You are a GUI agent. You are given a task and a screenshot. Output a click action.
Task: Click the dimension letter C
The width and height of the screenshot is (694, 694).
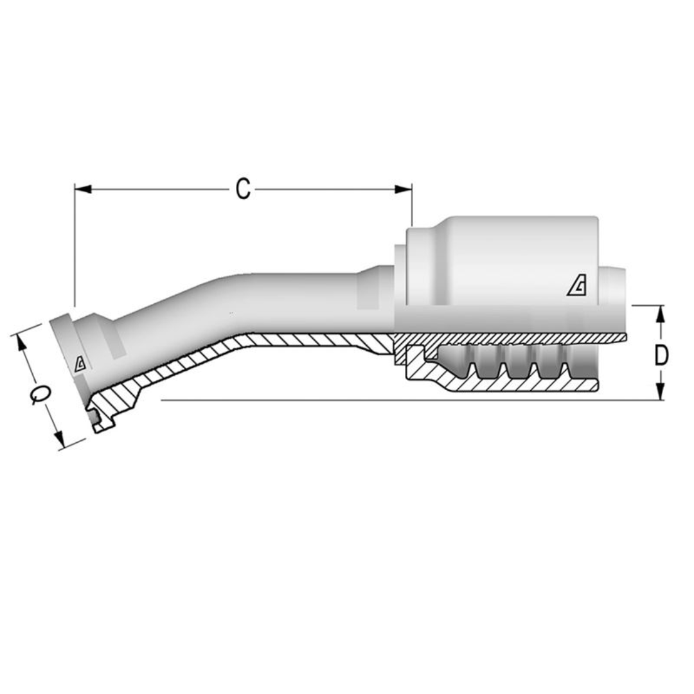click(242, 189)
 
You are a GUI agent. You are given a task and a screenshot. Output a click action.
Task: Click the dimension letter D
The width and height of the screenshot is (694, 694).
click(661, 355)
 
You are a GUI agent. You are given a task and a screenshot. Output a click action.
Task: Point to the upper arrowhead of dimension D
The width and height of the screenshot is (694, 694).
click(661, 313)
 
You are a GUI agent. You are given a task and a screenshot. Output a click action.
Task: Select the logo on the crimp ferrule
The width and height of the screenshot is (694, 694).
click(576, 286)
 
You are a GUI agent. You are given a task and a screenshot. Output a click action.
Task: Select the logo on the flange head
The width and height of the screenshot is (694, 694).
click(80, 364)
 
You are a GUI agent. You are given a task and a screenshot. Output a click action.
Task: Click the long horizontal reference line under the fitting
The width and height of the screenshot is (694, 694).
click(386, 400)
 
